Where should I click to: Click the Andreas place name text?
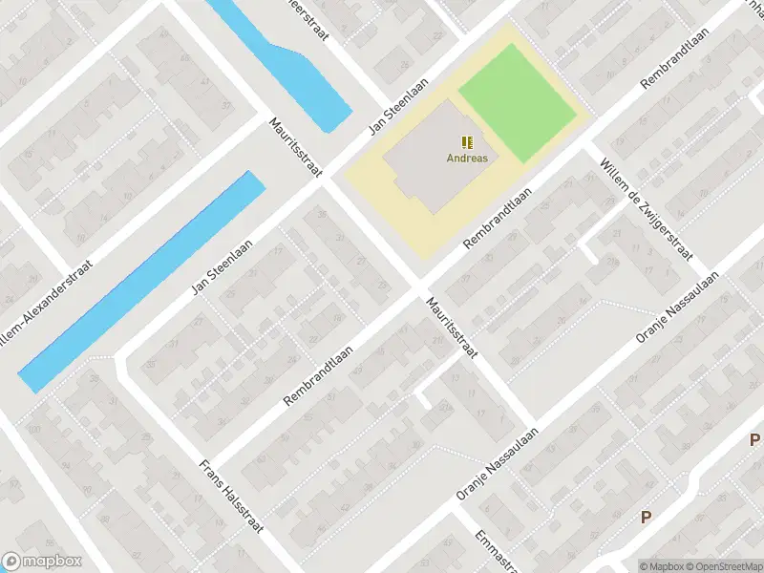(467, 159)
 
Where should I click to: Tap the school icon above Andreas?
(467, 142)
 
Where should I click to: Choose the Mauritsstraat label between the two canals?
(296, 147)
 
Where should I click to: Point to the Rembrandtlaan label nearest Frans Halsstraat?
(325, 375)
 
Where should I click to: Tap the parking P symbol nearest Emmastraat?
(647, 518)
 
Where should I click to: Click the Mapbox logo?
(42, 562)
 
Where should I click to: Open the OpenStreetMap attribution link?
(722, 565)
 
